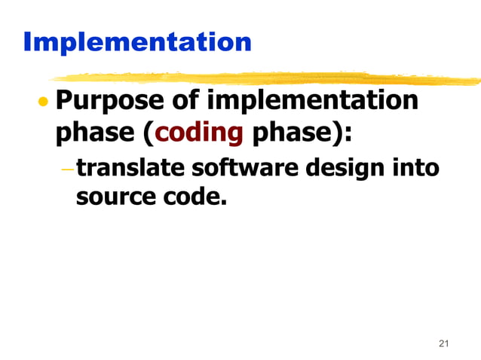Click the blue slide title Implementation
tap(136, 41)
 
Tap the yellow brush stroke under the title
tap(264, 78)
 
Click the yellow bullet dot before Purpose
tap(44, 102)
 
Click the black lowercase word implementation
tap(312, 101)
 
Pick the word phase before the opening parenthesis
tap(94, 133)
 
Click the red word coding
tap(199, 133)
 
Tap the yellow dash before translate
tap(67, 168)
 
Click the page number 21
tap(443, 344)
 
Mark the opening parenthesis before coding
tap(148, 134)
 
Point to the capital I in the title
tap(29, 41)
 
